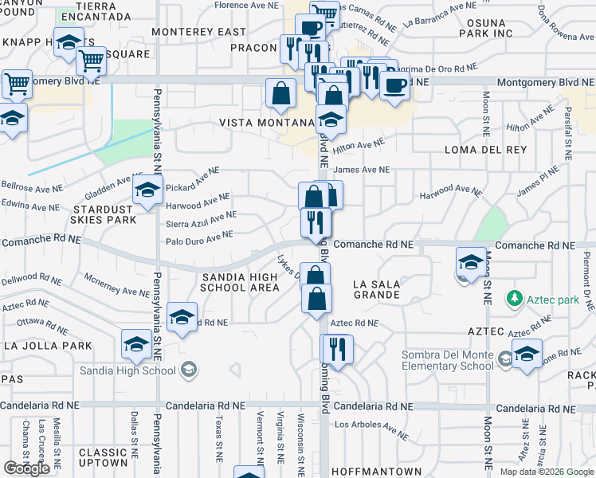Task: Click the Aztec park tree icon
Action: pyautogui.click(x=514, y=299)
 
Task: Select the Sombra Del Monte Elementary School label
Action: pyautogui.click(x=448, y=360)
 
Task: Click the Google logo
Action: pyautogui.click(x=26, y=468)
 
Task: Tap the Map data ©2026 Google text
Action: pyautogui.click(x=547, y=472)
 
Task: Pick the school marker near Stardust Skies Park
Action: pyautogui.click(x=147, y=192)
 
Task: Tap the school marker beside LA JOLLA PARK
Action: pyautogui.click(x=136, y=345)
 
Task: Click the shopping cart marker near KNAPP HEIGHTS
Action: pyautogui.click(x=91, y=59)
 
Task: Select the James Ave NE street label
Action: pyautogui.click(x=363, y=170)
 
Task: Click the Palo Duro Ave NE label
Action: pyautogui.click(x=199, y=237)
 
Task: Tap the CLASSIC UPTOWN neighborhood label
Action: pyautogui.click(x=104, y=457)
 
